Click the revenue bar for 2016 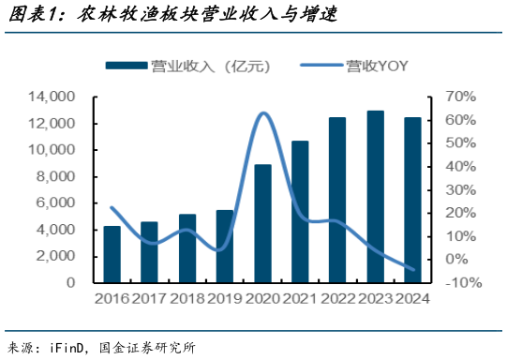[x=112, y=254]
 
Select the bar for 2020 [x=263, y=223]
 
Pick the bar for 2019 [x=225, y=246]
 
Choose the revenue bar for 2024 [x=412, y=200]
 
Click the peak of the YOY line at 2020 [x=264, y=113]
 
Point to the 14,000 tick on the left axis [x=52, y=97]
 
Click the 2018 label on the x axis [x=187, y=299]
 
